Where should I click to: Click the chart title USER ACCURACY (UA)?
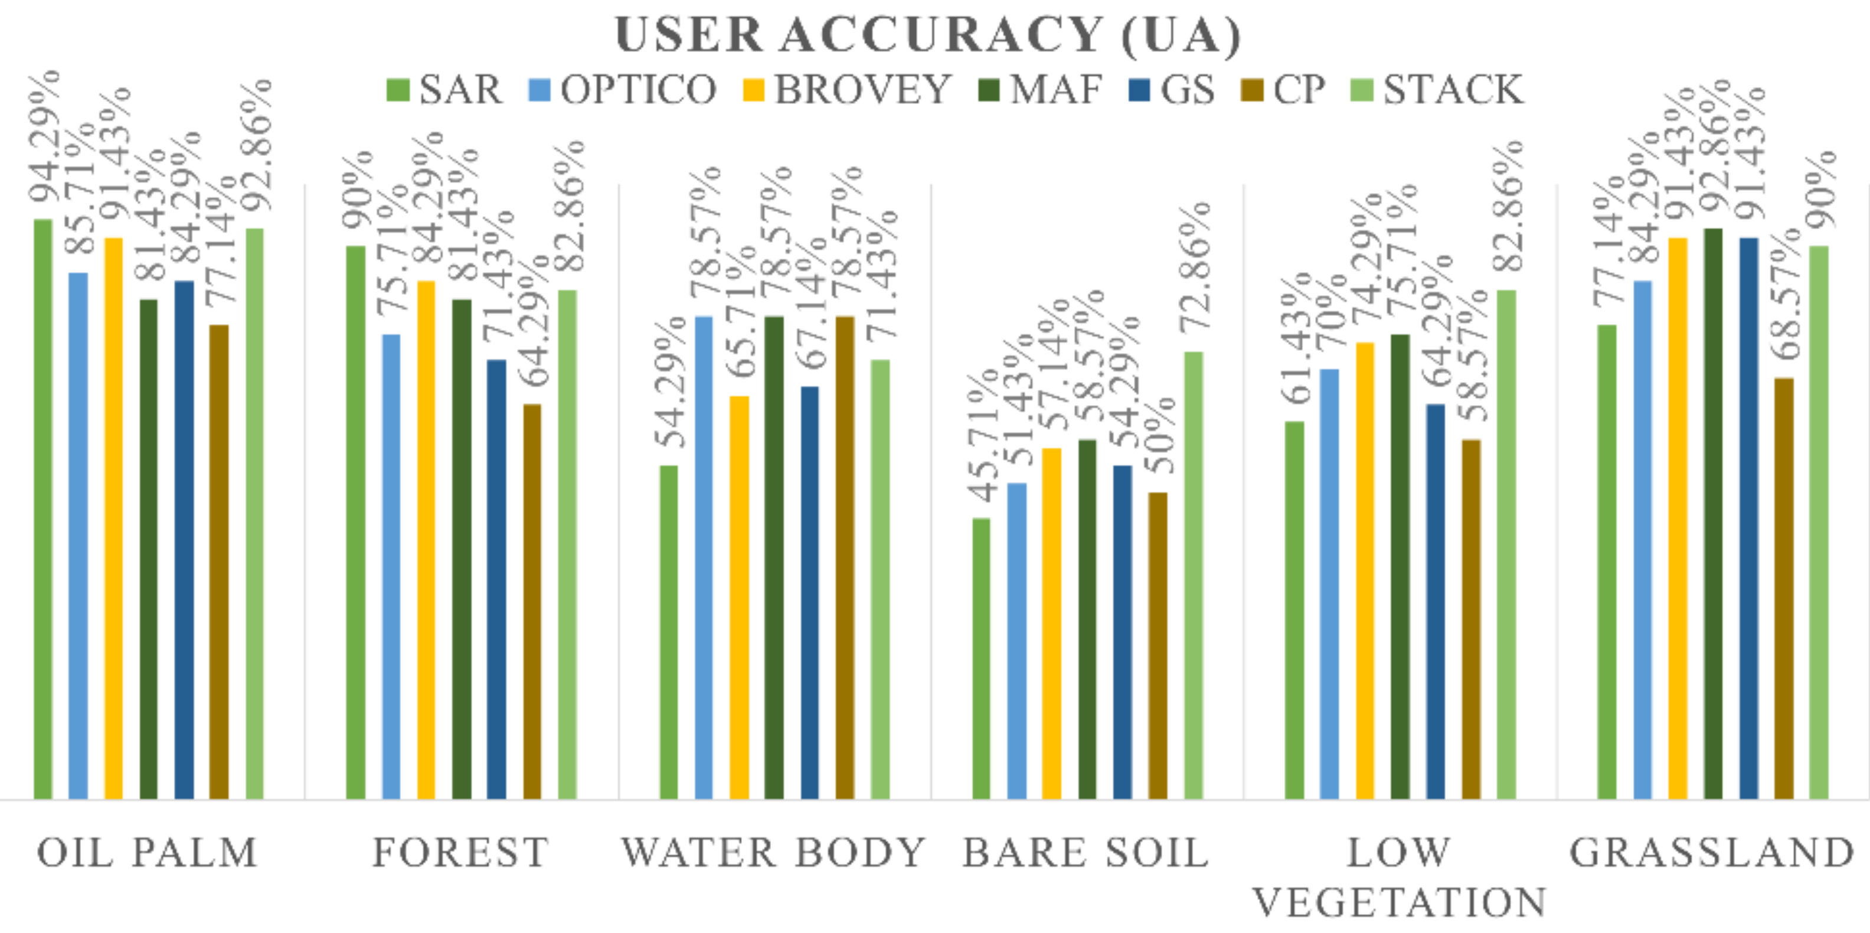[x=928, y=35]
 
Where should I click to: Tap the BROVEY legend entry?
[x=846, y=90]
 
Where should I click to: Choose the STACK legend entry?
[x=1437, y=90]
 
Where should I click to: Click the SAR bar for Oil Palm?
[x=44, y=508]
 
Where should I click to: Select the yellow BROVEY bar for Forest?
[x=426, y=541]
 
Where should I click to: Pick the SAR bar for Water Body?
[x=669, y=632]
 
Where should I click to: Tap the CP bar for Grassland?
[x=1784, y=588]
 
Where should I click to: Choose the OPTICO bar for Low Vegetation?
[x=1329, y=585]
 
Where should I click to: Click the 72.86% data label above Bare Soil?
[x=1194, y=268]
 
